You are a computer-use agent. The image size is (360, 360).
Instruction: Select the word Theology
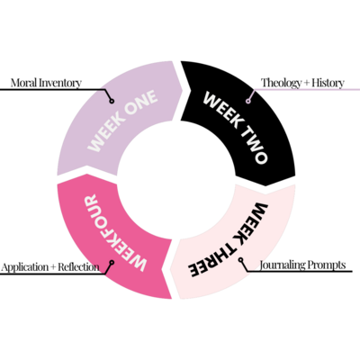[x=281, y=83]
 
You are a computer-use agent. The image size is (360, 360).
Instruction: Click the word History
[x=328, y=83]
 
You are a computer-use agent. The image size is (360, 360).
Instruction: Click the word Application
[x=24, y=267]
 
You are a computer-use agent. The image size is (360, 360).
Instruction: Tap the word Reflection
[x=78, y=267]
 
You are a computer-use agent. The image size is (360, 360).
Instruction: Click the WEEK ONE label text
[x=122, y=121]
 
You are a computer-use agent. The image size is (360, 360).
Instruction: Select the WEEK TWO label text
[x=235, y=128]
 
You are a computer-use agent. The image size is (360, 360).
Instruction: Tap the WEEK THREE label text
[x=229, y=240]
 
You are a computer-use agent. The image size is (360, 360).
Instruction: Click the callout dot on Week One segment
[x=112, y=101]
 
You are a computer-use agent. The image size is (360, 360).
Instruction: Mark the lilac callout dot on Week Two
[x=248, y=101]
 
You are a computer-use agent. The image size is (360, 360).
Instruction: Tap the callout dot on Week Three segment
[x=241, y=260]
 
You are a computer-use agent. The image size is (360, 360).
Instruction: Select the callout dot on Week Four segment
[x=112, y=263]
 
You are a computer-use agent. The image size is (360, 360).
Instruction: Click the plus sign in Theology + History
[x=307, y=83]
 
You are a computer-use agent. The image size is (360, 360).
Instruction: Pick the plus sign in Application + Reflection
[x=53, y=267]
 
